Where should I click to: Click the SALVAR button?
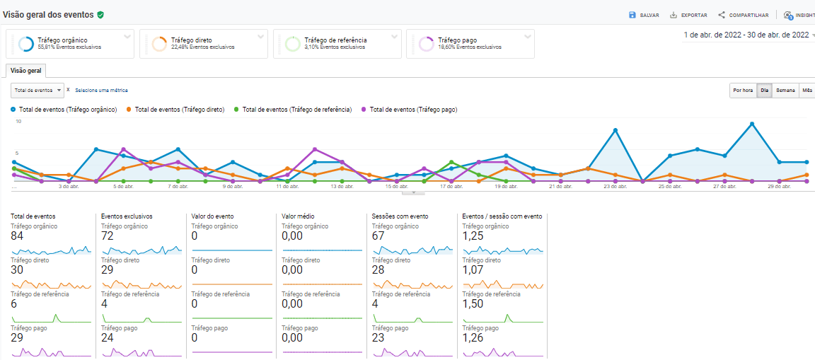click(644, 15)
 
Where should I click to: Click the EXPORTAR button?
click(688, 15)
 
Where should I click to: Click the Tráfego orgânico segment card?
click(69, 44)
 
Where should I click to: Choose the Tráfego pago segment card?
click(470, 44)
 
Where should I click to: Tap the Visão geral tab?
click(25, 70)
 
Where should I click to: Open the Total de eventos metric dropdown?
click(37, 91)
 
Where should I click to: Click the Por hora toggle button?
click(743, 91)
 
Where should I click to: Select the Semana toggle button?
click(785, 91)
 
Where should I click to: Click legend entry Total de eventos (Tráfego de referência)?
click(296, 110)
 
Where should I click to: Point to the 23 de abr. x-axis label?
click(615, 187)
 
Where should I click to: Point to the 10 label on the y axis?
click(18, 122)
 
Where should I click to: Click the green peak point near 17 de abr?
click(451, 162)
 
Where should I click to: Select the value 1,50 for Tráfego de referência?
click(473, 304)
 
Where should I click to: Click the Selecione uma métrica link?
click(101, 91)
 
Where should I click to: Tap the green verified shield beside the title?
click(100, 14)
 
